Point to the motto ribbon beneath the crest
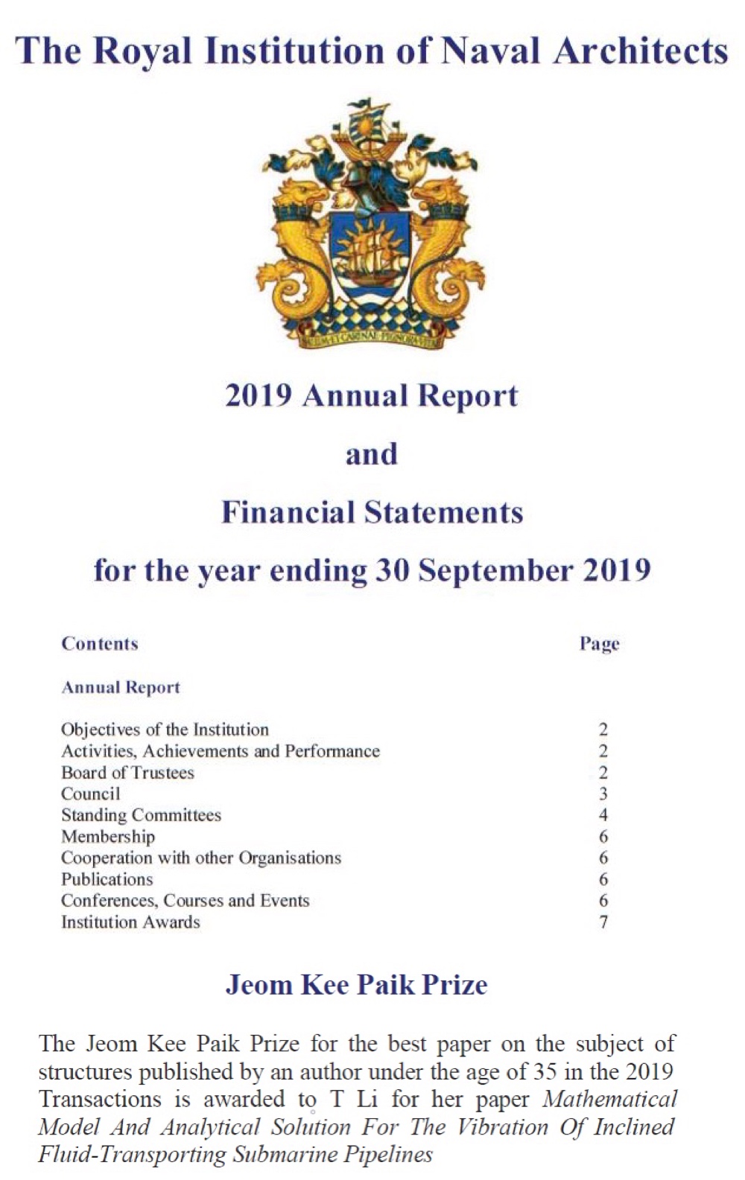[371, 339]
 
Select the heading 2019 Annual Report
[371, 395]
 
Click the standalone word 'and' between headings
[371, 453]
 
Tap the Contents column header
[100, 643]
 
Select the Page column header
[599, 643]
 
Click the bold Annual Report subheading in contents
[121, 687]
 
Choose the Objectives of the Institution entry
[165, 730]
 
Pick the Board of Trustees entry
[127, 773]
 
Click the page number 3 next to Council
[603, 794]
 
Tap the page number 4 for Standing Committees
[603, 815]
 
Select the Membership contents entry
[108, 837]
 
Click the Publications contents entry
[107, 879]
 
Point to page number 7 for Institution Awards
[603, 922]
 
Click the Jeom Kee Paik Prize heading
[356, 985]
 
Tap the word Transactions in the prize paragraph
[100, 1100]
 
